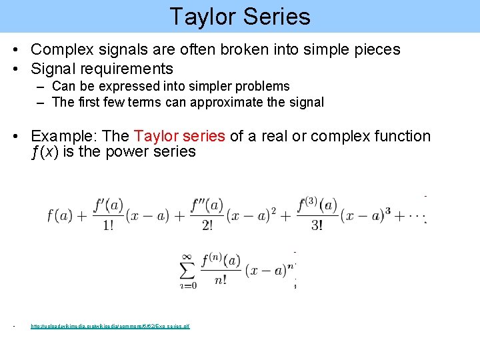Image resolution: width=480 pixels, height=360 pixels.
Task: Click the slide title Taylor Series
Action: pos(239,16)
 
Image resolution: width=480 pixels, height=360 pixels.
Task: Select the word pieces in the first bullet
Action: pos(377,49)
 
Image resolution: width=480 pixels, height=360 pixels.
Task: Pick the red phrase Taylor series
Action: pos(179,136)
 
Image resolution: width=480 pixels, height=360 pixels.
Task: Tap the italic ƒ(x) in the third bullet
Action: pos(47,152)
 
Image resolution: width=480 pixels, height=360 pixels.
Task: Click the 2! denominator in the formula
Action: pos(207,225)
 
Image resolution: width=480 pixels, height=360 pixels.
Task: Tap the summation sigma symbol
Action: pos(188,269)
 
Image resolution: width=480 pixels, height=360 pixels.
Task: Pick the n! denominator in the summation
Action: pos(221,280)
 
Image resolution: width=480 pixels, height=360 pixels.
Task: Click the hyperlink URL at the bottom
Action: pos(110,327)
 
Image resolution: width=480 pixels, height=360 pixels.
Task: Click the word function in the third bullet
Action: pos(399,136)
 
